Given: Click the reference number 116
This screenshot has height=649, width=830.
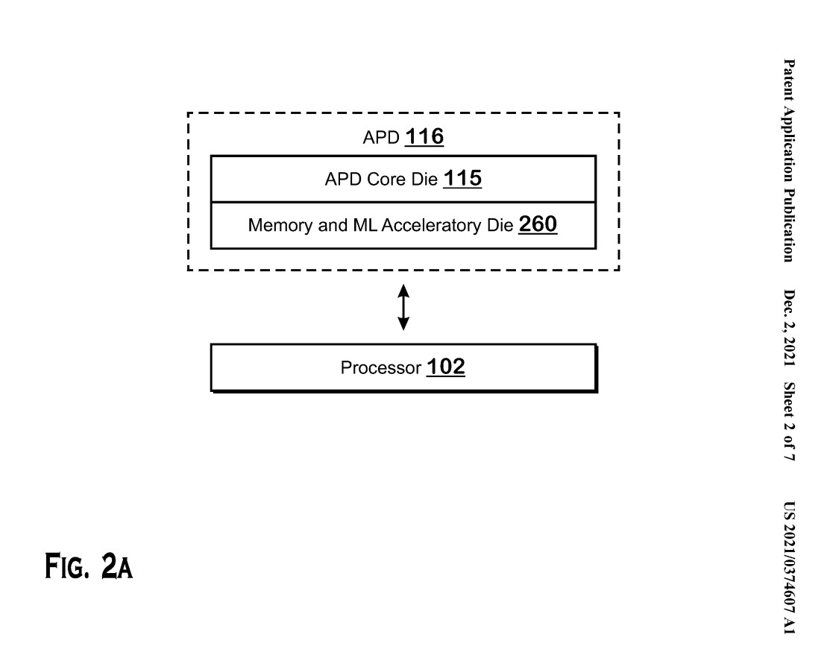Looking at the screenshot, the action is click(424, 136).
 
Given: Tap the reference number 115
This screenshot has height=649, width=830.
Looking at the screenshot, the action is click(462, 178).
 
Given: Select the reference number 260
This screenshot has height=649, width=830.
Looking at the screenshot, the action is click(538, 224).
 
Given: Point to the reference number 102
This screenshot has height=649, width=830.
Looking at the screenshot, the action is click(446, 367).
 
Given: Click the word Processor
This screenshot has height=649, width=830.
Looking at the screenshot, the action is click(380, 367).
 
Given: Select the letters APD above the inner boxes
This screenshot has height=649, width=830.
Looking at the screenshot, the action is click(381, 138).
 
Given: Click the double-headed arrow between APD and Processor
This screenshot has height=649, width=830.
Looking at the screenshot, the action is click(403, 307).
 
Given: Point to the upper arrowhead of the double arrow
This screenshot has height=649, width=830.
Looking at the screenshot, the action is click(403, 291).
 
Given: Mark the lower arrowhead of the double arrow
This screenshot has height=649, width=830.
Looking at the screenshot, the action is click(403, 324).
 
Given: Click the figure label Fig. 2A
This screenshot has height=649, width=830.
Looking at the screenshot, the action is click(89, 566).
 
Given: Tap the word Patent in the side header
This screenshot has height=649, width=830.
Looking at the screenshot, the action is click(789, 80).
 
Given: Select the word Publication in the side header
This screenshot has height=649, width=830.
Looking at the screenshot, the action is click(789, 225).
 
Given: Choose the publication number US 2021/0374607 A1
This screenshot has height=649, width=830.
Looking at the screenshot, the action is click(789, 568).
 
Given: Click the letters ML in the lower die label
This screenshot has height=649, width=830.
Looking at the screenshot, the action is click(364, 225).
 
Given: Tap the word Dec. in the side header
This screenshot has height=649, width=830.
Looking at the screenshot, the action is click(789, 303).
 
